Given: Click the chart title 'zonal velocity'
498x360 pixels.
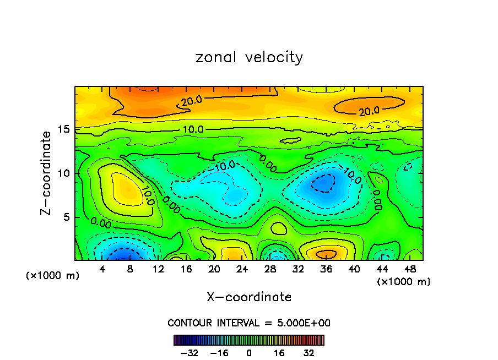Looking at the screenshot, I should pyautogui.click(x=249, y=57).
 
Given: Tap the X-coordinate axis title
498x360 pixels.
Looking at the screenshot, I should pyautogui.click(x=249, y=297).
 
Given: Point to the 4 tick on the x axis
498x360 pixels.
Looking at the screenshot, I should pyautogui.click(x=102, y=269).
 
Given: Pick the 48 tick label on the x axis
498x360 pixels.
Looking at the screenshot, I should pyautogui.click(x=410, y=269).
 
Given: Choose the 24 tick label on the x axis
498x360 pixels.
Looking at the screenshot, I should pyautogui.click(x=242, y=269).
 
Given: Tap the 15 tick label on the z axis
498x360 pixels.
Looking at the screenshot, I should pyautogui.click(x=64, y=129).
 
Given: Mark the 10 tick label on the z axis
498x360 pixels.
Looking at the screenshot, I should pyautogui.click(x=64, y=173).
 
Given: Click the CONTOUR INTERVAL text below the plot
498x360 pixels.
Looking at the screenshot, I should pyautogui.click(x=249, y=323).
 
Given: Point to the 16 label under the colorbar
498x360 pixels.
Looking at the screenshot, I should pyautogui.click(x=279, y=353).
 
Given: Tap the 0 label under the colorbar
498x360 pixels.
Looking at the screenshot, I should pyautogui.click(x=249, y=353).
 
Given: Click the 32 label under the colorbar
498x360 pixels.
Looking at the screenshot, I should pyautogui.click(x=309, y=353).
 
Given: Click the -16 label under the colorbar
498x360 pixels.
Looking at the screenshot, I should pyautogui.click(x=219, y=353).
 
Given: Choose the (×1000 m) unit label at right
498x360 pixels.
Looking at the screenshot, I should pyautogui.click(x=404, y=282).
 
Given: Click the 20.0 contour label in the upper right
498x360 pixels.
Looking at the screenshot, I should pyautogui.click(x=369, y=111).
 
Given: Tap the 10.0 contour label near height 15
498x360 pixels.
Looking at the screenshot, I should pyautogui.click(x=192, y=129).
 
